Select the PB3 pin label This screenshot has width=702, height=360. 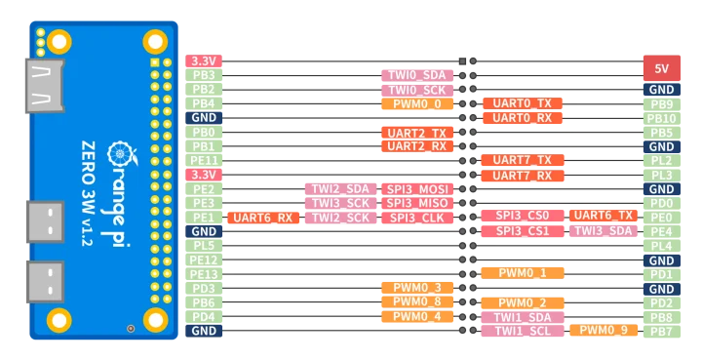coord(204,75)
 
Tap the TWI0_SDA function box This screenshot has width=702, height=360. coord(416,75)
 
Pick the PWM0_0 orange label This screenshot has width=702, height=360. coord(416,103)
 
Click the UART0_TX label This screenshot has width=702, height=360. coord(522,103)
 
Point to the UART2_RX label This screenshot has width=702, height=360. coord(416,146)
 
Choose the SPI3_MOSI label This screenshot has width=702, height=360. coord(417,189)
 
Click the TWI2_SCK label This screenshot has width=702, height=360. coord(340,218)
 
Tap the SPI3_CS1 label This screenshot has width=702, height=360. coord(522,231)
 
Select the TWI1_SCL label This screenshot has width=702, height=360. coord(522,331)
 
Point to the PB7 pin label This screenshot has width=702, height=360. coord(661,332)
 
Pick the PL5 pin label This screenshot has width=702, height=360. coord(204,246)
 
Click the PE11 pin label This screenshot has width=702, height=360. coord(204,161)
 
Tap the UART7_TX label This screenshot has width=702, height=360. coord(522,160)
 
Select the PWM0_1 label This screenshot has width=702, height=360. coord(522,273)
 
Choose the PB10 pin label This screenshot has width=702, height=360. coord(661,118)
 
